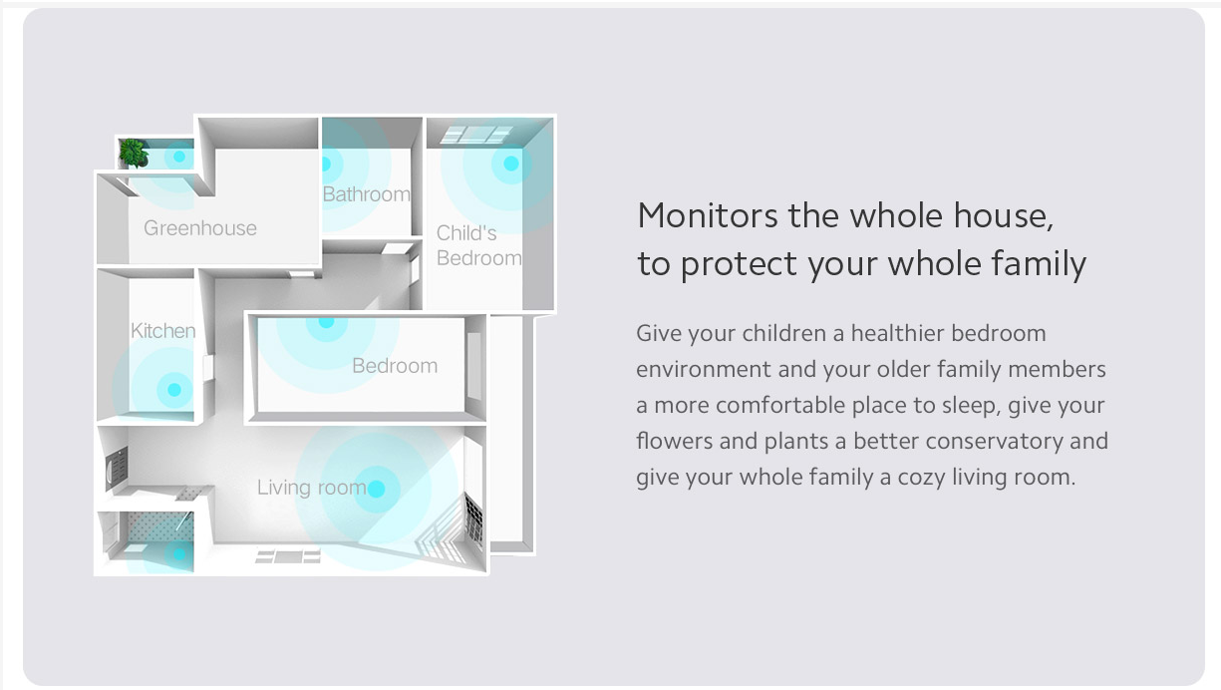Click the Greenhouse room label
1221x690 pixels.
200,228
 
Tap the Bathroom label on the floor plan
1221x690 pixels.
367,194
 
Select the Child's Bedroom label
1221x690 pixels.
479,245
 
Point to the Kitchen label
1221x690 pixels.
163,331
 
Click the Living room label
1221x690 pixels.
311,488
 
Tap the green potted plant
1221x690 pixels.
134,153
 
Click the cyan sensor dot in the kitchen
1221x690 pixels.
174,390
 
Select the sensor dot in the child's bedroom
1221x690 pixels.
510,164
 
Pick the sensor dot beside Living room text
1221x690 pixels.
376,489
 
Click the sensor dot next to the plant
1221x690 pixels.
179,157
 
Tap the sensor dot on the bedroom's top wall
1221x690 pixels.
326,322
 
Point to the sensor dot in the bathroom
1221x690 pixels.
326,164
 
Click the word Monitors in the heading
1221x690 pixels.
708,215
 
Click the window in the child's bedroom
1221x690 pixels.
476,135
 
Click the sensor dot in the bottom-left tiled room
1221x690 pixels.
179,554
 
